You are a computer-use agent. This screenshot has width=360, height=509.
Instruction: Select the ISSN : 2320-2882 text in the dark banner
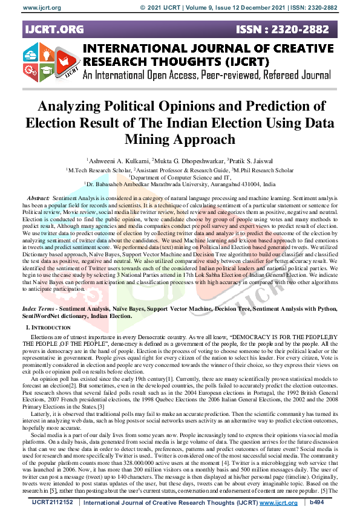point(292,28)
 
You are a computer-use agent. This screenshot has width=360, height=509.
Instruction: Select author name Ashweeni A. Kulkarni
point(119,161)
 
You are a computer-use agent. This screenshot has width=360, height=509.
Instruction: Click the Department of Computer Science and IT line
point(180,178)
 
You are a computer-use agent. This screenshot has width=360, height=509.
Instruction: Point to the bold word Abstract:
point(39,198)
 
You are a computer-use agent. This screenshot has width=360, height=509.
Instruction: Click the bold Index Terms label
point(44,308)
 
